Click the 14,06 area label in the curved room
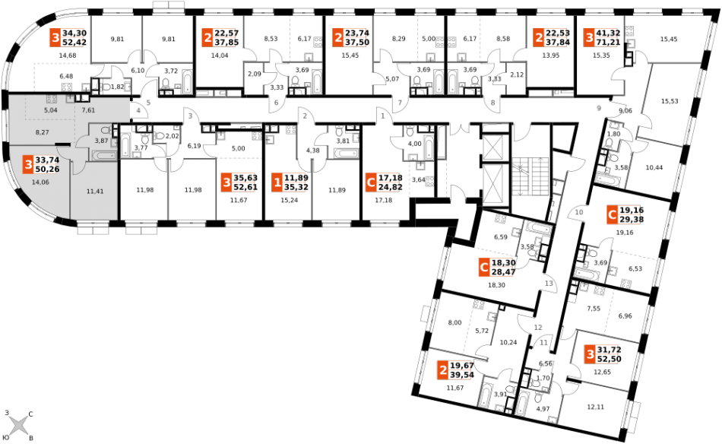[40, 182]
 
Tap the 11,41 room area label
[95, 192]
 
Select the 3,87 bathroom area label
[101, 141]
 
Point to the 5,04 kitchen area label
[51, 111]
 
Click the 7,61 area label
[88, 111]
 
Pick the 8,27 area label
[42, 133]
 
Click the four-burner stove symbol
[52, 99]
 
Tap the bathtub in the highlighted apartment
[103, 155]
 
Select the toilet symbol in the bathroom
[106, 131]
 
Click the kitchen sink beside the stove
[70, 98]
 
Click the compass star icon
[18, 424]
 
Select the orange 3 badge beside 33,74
[28, 164]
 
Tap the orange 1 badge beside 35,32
[277, 182]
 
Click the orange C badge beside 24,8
[371, 182]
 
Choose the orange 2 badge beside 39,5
[442, 370]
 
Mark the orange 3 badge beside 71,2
[589, 38]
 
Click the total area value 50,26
[47, 170]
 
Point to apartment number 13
[549, 284]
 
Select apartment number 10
[579, 213]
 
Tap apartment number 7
[400, 103]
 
